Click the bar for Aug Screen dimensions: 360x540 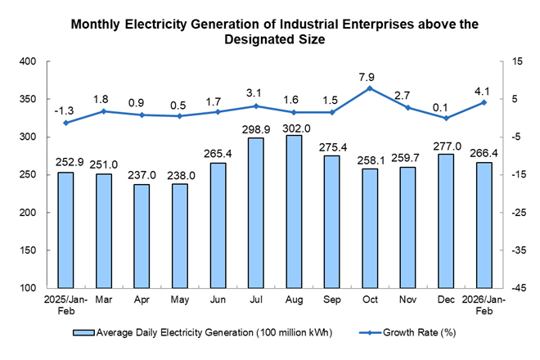(294, 212)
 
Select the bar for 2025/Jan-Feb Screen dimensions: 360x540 (65, 230)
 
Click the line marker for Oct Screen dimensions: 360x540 (370, 88)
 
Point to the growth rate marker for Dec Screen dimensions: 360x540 (446, 118)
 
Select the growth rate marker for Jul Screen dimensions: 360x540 (255, 106)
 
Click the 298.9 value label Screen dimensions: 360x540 (255, 131)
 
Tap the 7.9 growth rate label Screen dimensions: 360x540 (370, 77)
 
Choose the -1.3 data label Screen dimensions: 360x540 (65, 111)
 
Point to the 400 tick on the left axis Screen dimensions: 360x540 (27, 62)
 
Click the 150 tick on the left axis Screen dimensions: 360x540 (27, 251)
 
